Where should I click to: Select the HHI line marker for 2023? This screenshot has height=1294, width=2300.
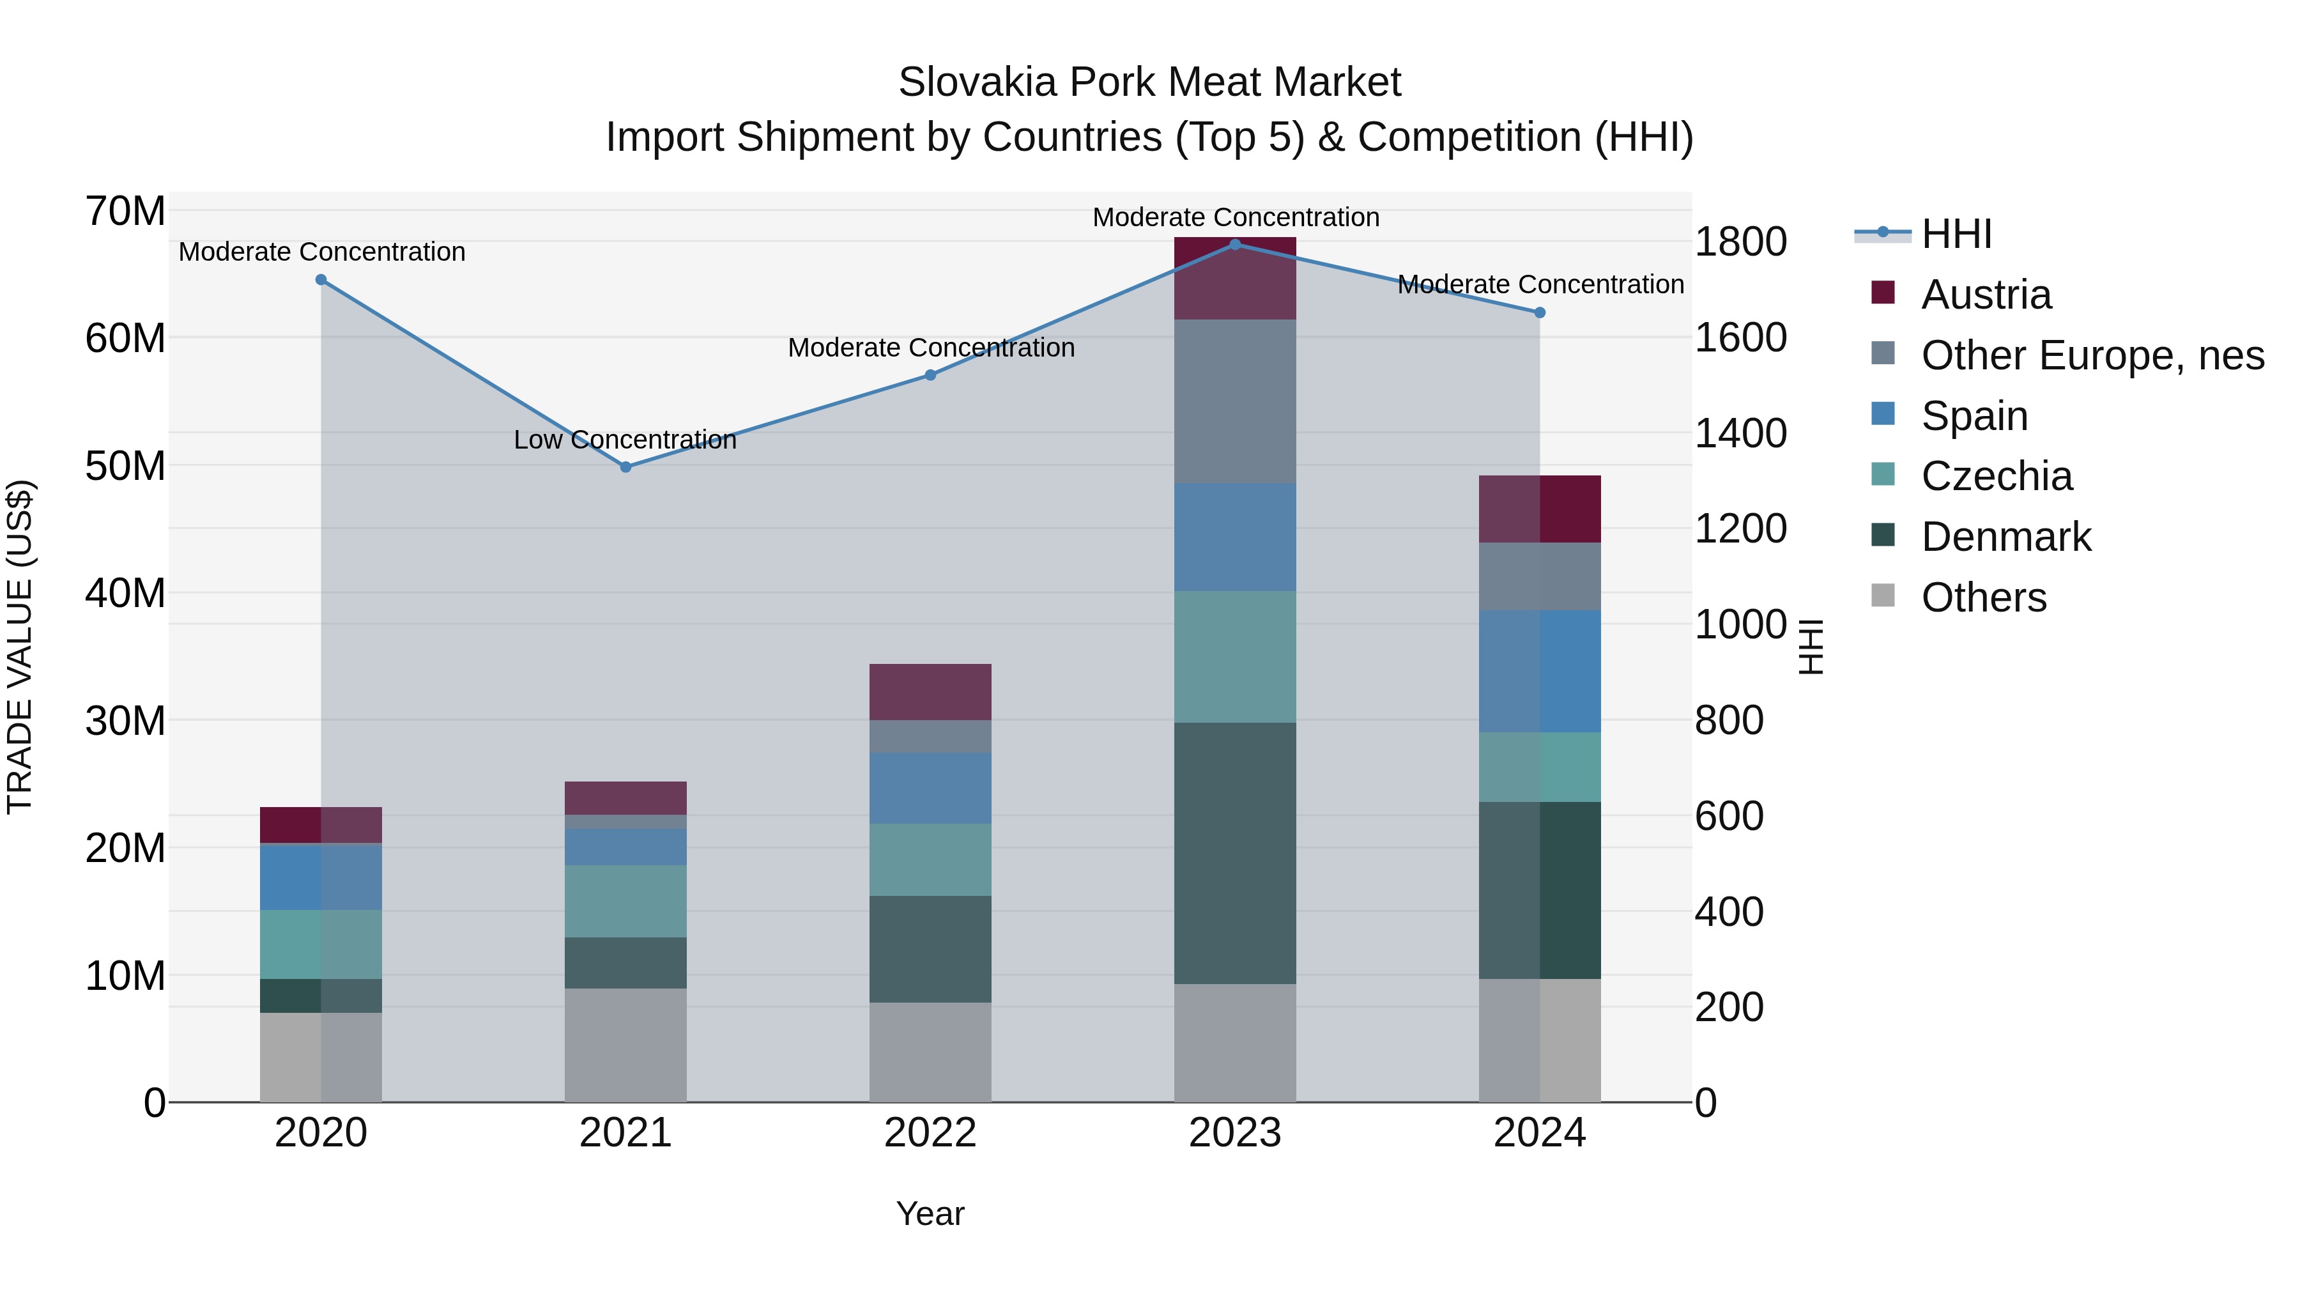pyautogui.click(x=1235, y=244)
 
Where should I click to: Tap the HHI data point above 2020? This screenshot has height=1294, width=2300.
pyautogui.click(x=321, y=279)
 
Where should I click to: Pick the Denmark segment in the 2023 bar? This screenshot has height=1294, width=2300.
pyautogui.click(x=1235, y=853)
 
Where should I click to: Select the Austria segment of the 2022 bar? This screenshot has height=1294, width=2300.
pyautogui.click(x=930, y=691)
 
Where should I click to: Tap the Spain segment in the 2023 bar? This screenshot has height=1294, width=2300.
pyautogui.click(x=1235, y=537)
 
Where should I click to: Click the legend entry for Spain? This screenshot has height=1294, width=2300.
pyautogui.click(x=1974, y=416)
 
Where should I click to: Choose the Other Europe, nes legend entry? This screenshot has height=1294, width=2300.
pyautogui.click(x=2092, y=355)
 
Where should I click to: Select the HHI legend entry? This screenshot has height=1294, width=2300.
pyautogui.click(x=1956, y=234)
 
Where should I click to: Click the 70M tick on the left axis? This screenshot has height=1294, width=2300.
pyautogui.click(x=125, y=212)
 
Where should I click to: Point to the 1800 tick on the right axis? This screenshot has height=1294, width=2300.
pyautogui.click(x=1740, y=242)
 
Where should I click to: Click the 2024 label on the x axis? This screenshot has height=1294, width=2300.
pyautogui.click(x=1539, y=1133)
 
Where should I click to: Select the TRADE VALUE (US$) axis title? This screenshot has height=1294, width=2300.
pyautogui.click(x=20, y=647)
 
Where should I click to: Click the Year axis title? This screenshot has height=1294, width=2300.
pyautogui.click(x=930, y=1213)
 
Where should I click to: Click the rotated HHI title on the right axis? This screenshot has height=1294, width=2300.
pyautogui.click(x=1810, y=647)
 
